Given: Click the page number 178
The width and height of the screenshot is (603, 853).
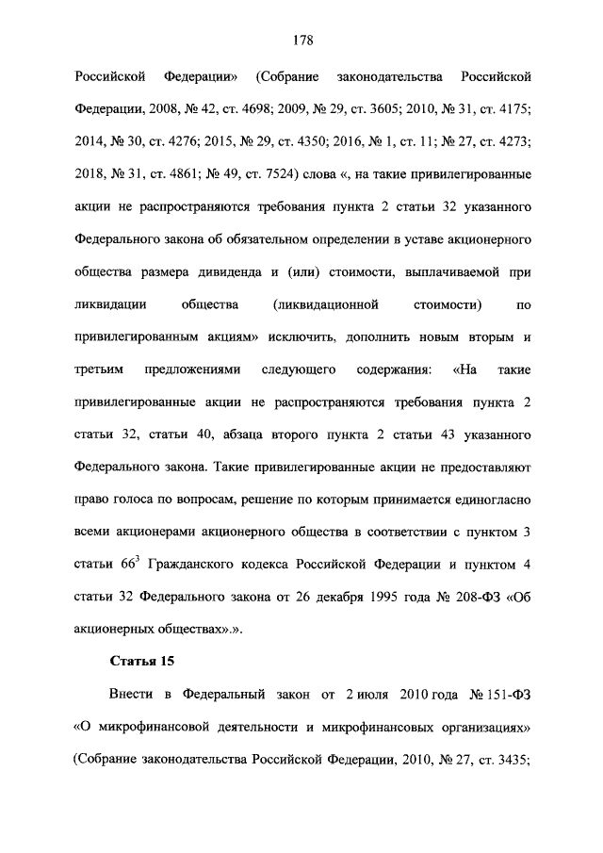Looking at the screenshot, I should tap(301, 40).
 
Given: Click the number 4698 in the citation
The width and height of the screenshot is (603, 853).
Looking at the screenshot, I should tap(246, 108).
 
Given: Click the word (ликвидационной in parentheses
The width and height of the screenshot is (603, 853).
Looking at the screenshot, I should tap(324, 305).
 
